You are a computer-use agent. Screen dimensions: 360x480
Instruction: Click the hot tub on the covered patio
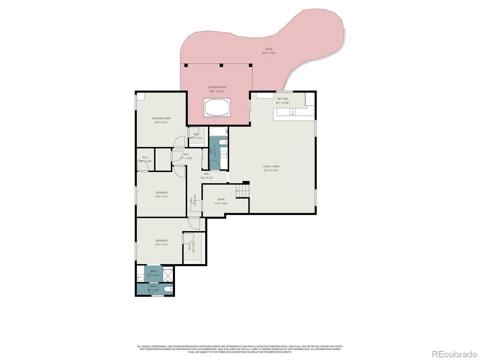tap(217, 107)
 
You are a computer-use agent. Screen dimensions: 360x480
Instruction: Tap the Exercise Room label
tap(161, 118)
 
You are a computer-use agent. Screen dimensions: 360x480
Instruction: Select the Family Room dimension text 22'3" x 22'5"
tap(271, 171)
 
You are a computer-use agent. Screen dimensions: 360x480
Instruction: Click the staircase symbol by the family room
tap(242, 191)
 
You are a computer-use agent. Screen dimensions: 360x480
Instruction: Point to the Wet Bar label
tap(282, 99)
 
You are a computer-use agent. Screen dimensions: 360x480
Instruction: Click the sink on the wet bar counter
tap(292, 112)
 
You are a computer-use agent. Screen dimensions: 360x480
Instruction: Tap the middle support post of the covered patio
tap(221, 65)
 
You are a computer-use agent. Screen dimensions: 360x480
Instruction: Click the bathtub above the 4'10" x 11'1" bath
tap(218, 131)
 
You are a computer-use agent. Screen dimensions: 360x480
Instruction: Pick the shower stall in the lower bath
tap(168, 274)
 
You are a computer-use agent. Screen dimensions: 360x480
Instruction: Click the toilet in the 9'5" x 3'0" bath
tap(169, 289)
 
